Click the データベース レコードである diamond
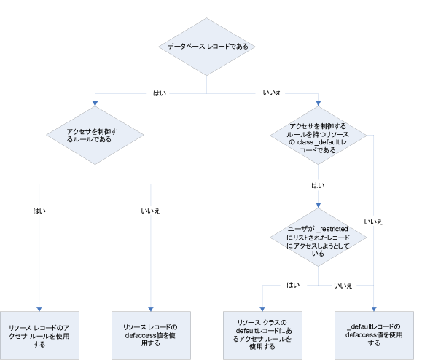tap(208, 46)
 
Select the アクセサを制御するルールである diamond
tap(95, 135)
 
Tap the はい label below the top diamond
tap(157, 94)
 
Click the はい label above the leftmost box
tap(39, 211)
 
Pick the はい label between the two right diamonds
tap(318, 186)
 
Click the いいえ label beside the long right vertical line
tap(373, 221)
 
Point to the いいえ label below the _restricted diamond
tap(343, 284)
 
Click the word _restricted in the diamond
tap(340, 230)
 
